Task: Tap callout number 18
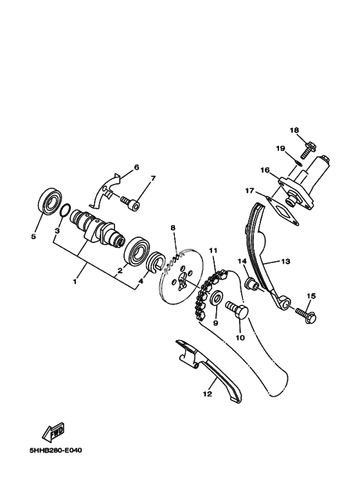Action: (294, 131)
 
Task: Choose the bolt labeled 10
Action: (237, 311)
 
